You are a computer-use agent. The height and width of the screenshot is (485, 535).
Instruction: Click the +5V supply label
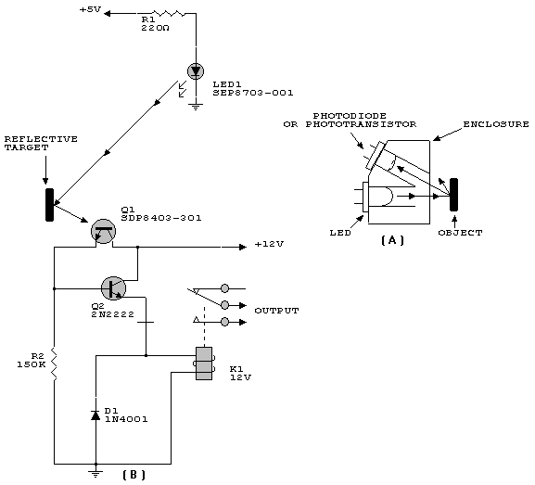tap(91, 9)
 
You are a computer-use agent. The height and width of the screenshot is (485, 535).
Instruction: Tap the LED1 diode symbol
tap(196, 71)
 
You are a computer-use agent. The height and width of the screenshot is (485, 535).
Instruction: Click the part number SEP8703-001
tap(253, 93)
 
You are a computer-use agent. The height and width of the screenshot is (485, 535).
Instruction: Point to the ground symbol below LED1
tap(196, 108)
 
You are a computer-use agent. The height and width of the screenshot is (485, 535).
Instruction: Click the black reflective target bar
tap(50, 205)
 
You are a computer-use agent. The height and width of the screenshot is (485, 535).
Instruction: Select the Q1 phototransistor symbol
tap(103, 232)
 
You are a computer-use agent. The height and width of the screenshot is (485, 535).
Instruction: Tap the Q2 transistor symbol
tap(114, 288)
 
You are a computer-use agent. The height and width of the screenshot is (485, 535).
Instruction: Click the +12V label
tap(269, 245)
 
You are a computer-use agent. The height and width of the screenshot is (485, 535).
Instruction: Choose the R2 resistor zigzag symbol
tap(55, 364)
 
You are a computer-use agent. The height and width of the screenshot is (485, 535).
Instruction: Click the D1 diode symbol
tap(96, 415)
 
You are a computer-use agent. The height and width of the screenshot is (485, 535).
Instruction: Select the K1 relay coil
tap(204, 364)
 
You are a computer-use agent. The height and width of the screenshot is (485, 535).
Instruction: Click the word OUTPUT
tap(276, 311)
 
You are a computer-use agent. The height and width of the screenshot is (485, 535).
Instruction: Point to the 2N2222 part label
tap(112, 314)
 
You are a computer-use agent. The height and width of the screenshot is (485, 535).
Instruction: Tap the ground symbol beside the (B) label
tap(96, 473)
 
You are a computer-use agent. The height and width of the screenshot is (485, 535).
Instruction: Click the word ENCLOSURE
tap(496, 124)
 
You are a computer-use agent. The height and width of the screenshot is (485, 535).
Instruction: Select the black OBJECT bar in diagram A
tap(453, 195)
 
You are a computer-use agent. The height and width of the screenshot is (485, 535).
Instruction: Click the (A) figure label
tap(392, 240)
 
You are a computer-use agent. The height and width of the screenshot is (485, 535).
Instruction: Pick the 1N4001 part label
tap(126, 419)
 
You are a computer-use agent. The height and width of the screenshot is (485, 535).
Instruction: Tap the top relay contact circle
tap(225, 288)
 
